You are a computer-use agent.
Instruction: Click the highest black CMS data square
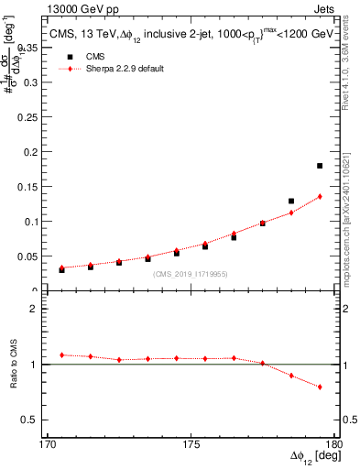(x=320, y=166)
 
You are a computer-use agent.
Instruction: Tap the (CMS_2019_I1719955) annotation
(x=191, y=273)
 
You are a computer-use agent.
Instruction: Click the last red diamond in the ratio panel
(x=320, y=387)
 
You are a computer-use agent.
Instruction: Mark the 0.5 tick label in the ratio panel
(x=42, y=420)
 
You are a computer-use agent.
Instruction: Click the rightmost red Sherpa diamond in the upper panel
(x=320, y=196)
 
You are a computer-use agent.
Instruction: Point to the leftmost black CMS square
(x=61, y=269)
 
